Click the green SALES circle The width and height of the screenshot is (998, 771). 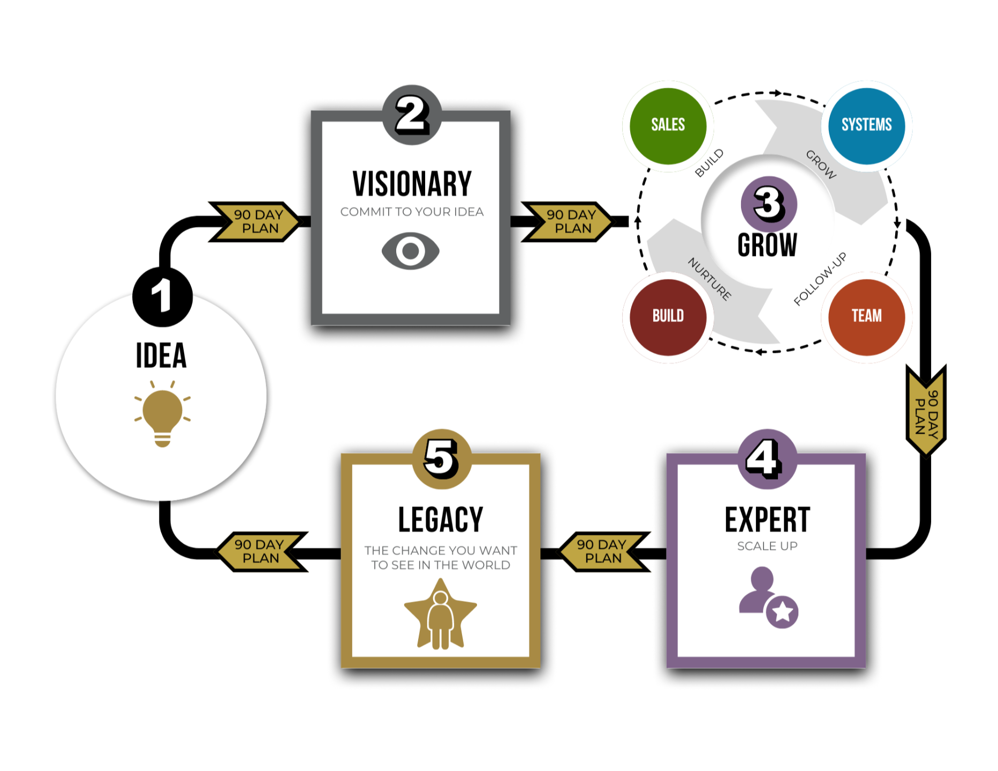click(x=668, y=126)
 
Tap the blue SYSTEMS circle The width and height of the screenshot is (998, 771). click(x=866, y=126)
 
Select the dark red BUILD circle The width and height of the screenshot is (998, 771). click(x=668, y=316)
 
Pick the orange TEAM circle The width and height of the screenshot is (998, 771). click(x=866, y=316)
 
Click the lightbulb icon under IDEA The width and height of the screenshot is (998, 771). click(x=162, y=414)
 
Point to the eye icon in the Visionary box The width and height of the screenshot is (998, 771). click(x=411, y=251)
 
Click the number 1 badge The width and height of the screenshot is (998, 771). click(x=162, y=296)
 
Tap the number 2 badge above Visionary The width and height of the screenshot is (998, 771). click(x=412, y=115)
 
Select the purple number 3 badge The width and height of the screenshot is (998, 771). click(x=769, y=204)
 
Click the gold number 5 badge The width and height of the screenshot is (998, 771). click(x=442, y=459)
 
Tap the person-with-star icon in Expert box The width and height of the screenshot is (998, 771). click(x=768, y=598)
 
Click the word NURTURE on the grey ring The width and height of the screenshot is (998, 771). click(x=710, y=279)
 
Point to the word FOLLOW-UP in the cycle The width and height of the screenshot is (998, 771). click(x=820, y=279)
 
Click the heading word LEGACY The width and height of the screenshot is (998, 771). click(x=440, y=519)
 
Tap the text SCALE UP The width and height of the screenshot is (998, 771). click(x=767, y=546)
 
